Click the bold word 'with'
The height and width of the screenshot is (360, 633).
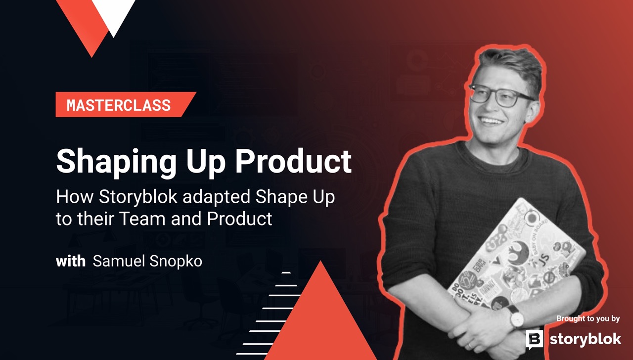point(71,261)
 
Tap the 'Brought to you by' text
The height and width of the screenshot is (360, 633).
point(588,318)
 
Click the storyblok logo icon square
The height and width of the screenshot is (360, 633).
point(534,339)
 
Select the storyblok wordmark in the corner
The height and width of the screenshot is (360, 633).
point(585,339)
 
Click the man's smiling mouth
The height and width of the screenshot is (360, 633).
point(491,120)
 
